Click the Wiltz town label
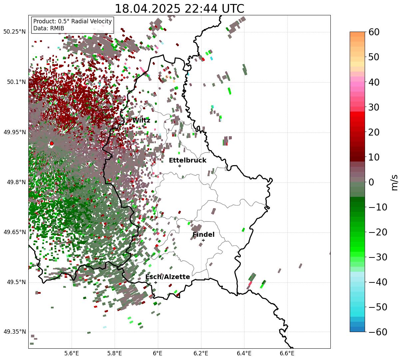click(x=141, y=121)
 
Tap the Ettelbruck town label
click(x=188, y=161)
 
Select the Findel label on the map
click(x=203, y=235)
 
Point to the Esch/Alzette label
click(x=168, y=277)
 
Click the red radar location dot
click(x=51, y=144)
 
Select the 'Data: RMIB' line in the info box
click(x=49, y=28)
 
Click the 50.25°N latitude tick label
click(x=14, y=32)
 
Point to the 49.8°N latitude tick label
click(x=16, y=182)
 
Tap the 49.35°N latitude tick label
click(x=14, y=332)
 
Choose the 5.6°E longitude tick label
click(x=72, y=353)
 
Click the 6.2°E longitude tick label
click(x=201, y=353)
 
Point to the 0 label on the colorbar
click(x=371, y=182)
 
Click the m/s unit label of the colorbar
click(x=395, y=182)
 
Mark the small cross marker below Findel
click(x=203, y=240)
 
